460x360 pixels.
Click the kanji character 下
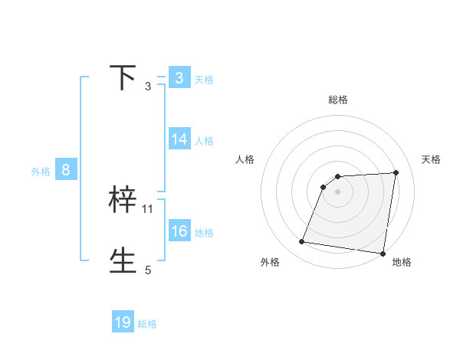(123, 78)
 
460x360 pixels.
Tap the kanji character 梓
(123, 200)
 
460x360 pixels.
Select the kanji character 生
(123, 260)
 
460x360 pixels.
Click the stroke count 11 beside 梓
(148, 208)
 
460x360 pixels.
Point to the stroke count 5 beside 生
(148, 270)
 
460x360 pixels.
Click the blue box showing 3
(179, 78)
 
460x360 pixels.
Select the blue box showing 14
(179, 139)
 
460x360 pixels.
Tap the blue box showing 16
(179, 231)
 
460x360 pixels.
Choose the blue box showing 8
(66, 170)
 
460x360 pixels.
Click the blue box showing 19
(123, 322)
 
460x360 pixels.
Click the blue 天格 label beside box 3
(204, 79)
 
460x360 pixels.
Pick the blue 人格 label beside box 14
(204, 140)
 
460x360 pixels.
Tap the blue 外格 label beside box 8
(41, 172)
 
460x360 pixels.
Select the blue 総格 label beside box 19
(147, 324)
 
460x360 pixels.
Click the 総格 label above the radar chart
(337, 100)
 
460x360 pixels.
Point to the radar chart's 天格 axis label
(431, 159)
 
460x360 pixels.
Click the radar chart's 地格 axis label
(402, 262)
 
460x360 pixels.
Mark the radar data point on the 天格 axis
(396, 172)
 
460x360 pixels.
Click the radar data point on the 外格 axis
(302, 242)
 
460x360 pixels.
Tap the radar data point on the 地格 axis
(382, 254)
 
